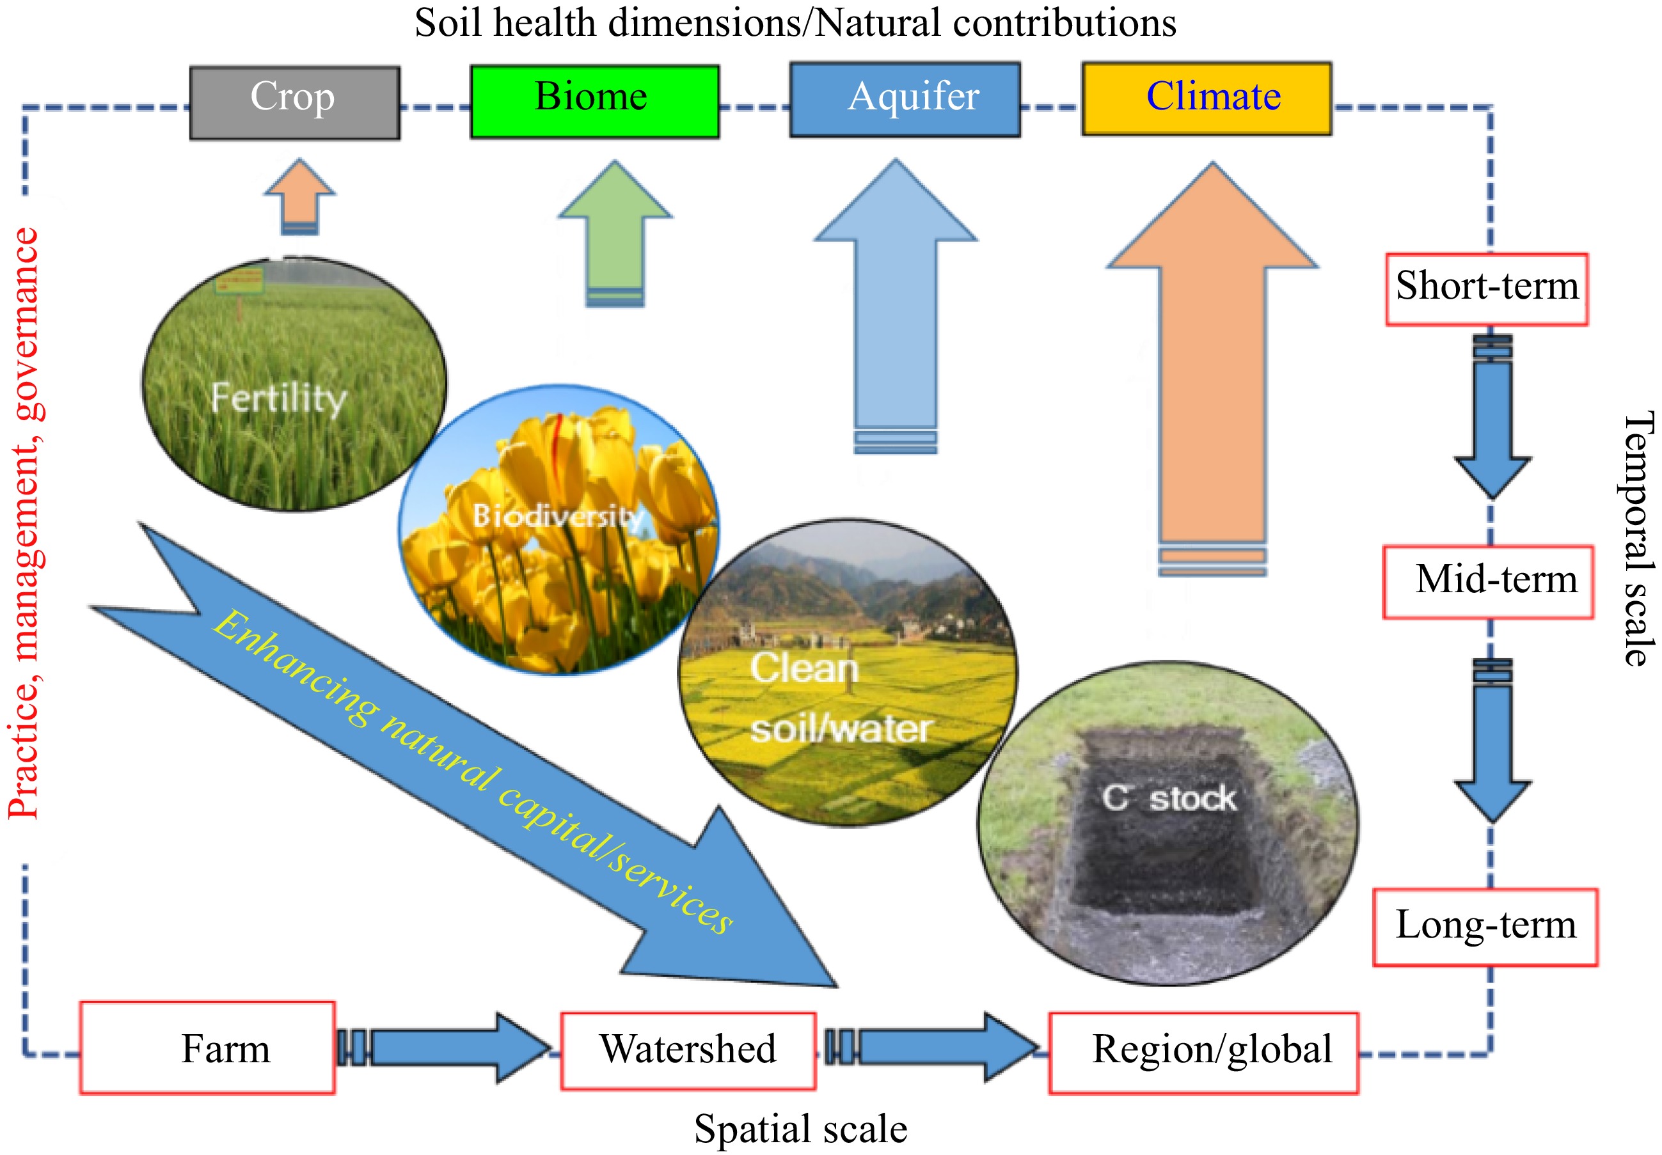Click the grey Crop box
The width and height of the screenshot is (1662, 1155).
294,102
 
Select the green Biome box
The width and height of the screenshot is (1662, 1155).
594,100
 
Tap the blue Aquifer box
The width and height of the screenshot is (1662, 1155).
904,99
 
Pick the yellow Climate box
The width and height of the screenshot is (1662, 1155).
1206,98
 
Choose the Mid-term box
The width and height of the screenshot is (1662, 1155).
1487,581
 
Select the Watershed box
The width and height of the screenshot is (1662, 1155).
688,1050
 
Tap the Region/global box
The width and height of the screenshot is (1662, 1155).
1203,1051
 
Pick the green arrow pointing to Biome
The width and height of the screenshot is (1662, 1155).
615,232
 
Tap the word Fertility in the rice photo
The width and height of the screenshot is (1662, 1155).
279,398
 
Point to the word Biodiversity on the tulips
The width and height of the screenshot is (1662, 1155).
557,516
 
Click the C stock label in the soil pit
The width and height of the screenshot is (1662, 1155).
1168,798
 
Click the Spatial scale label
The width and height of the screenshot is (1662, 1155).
800,1129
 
